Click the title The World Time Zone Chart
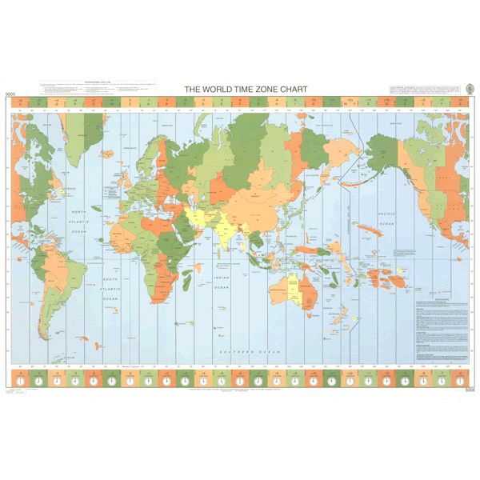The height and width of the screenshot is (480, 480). [x=239, y=90]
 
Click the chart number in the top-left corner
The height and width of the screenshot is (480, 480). [x=10, y=95]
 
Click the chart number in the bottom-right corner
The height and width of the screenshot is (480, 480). [x=468, y=390]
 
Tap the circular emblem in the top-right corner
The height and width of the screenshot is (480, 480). [x=467, y=88]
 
